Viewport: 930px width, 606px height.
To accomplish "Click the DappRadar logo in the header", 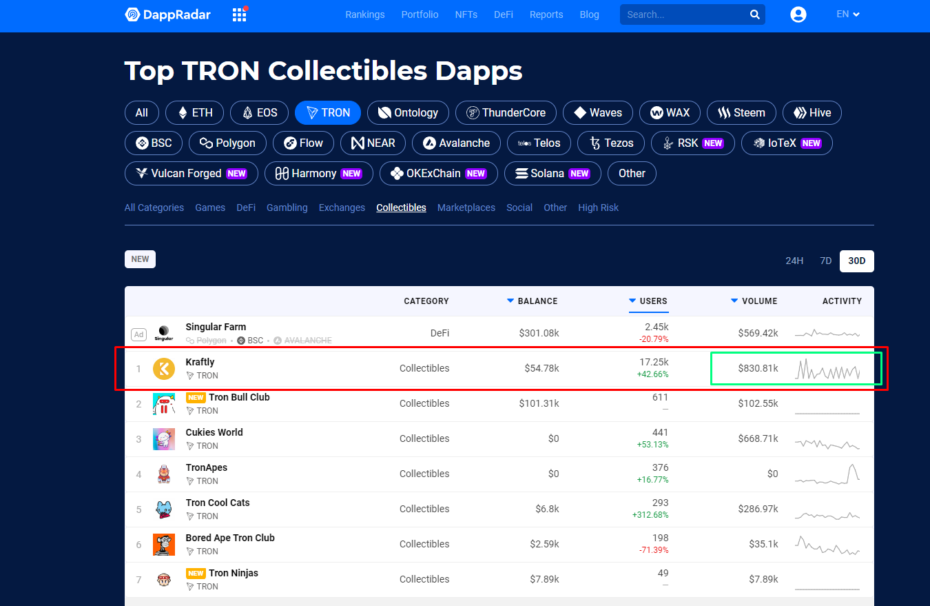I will click(167, 14).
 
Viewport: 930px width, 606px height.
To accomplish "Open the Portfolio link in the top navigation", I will click(420, 14).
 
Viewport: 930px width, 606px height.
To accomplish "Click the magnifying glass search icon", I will click(755, 14).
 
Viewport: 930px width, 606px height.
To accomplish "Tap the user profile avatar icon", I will click(798, 14).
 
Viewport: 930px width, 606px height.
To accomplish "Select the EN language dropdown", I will click(848, 14).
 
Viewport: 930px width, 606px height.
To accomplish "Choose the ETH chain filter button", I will click(196, 113).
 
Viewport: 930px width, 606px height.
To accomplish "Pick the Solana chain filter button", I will click(552, 174).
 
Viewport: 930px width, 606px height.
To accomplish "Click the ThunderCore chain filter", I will click(506, 113).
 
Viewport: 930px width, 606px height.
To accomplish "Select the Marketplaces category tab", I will click(466, 208).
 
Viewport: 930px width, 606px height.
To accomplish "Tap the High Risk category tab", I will click(598, 208).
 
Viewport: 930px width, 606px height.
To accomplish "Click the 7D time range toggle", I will click(825, 261).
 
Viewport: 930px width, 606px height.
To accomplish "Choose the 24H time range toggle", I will click(794, 261).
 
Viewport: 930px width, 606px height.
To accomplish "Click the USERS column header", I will click(652, 301).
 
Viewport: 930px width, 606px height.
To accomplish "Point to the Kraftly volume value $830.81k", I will click(758, 368).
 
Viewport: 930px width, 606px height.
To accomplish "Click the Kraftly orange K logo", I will click(164, 369).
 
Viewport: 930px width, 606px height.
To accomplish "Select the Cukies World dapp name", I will click(214, 432).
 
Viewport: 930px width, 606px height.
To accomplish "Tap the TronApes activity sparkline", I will click(827, 474).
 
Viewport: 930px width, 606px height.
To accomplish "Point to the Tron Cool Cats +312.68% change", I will click(650, 515).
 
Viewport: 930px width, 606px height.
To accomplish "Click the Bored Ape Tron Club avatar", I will click(164, 545).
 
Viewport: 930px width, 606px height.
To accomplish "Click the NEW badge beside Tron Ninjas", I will click(196, 574).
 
